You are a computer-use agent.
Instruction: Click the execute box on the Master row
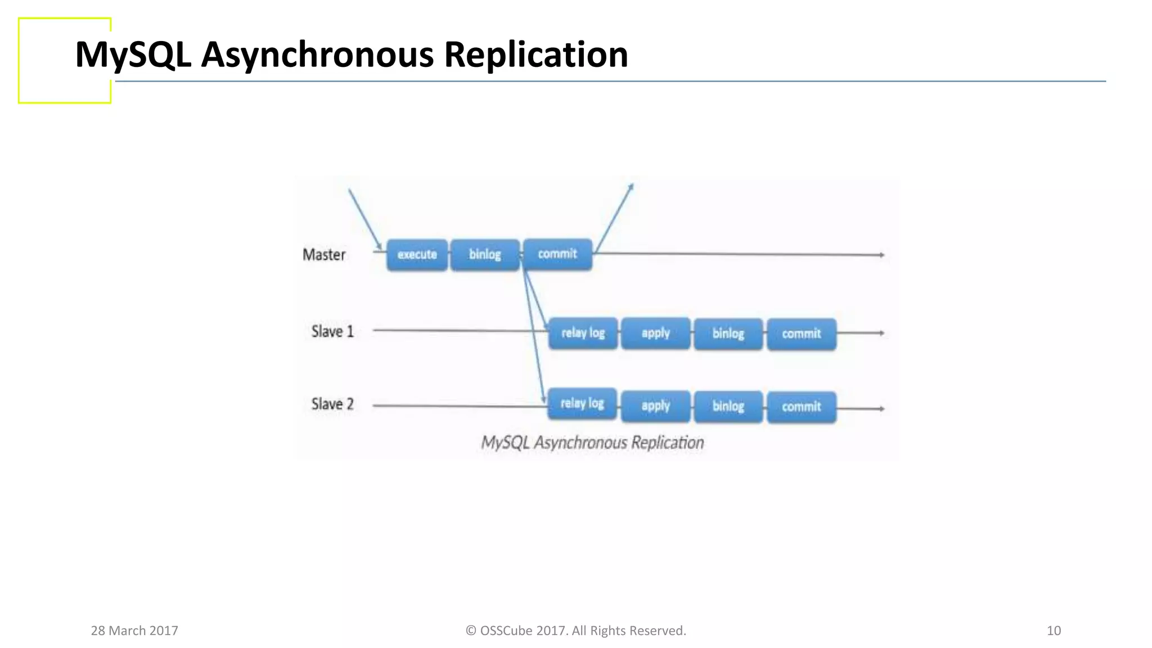coord(417,255)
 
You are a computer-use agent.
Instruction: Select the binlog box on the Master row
coord(485,255)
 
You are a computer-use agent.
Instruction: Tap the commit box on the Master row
coord(557,254)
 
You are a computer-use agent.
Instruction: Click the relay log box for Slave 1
coord(583,333)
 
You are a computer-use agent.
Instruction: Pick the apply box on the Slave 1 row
coord(655,334)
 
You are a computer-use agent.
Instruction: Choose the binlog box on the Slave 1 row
coord(728,334)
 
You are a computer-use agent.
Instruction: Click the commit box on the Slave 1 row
coord(801,334)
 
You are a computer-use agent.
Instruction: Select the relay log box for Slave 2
coord(582,403)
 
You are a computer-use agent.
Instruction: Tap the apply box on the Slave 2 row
coord(655,406)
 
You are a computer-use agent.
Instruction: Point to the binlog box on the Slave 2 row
coord(728,407)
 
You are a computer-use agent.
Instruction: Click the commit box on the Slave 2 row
coord(801,407)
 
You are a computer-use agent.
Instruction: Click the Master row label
coord(324,255)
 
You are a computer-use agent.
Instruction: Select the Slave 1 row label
coord(332,332)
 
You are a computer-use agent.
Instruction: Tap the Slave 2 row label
coord(332,404)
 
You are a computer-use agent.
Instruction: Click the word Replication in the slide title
coord(535,55)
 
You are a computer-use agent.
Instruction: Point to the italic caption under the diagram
coord(592,443)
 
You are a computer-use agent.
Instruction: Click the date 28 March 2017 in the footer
coord(134,631)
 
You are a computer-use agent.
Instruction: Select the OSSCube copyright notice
coord(575,631)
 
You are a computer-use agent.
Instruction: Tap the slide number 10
coord(1054,631)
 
